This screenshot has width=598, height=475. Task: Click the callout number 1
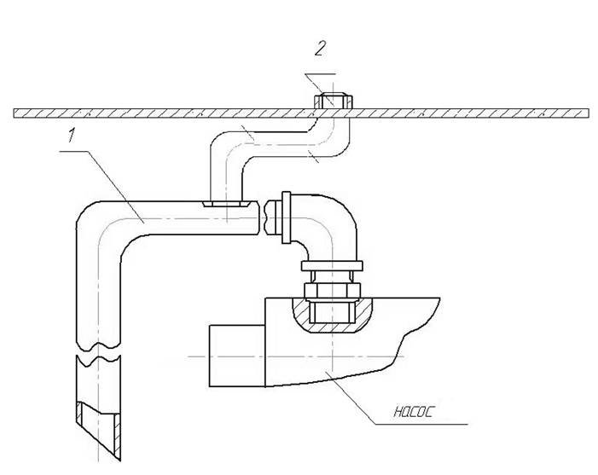coord(72,136)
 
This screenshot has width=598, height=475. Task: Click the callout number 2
coord(321,49)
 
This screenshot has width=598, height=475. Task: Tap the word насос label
coord(414,412)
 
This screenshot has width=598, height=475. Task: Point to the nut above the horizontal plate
coord(333,101)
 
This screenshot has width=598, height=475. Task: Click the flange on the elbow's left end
coord(286,217)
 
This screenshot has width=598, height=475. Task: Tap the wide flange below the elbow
coord(332,266)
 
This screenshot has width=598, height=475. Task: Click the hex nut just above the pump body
coord(332,291)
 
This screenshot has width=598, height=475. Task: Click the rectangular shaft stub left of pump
coord(237,356)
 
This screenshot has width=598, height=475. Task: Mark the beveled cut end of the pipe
coord(98,430)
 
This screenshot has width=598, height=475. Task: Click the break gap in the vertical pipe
coord(98,351)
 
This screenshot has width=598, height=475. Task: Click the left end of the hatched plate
coord(15,113)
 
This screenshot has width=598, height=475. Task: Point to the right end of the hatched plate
coord(588,113)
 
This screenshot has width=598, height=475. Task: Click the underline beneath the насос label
coord(421,424)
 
